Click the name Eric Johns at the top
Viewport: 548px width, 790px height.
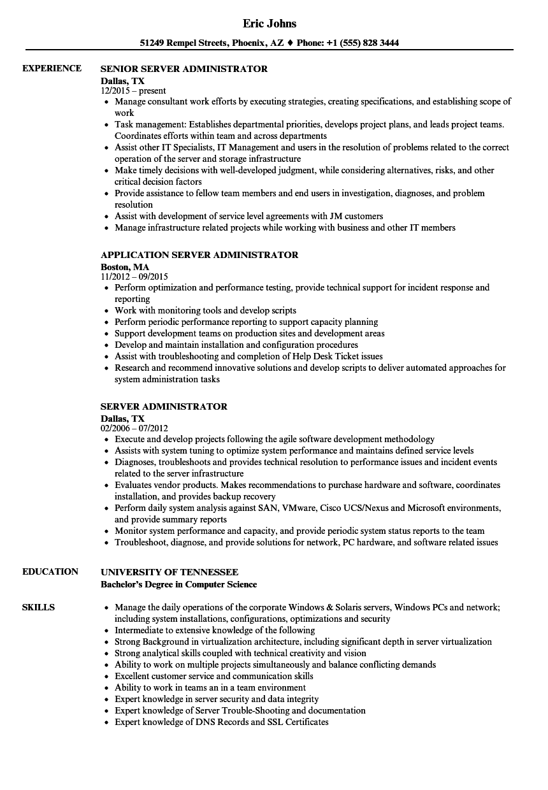(270, 24)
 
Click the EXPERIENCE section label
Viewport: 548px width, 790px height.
(52, 68)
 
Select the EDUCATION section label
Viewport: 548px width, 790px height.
(50, 571)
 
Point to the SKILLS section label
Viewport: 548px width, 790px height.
(39, 607)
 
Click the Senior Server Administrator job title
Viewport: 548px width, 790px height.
(184, 69)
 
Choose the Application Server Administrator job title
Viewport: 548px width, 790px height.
(199, 255)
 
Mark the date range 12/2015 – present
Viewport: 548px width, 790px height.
(134, 91)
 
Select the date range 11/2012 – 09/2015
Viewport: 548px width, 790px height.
(134, 277)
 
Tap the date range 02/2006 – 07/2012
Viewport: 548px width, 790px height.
(134, 429)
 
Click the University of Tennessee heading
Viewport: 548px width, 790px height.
(169, 572)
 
